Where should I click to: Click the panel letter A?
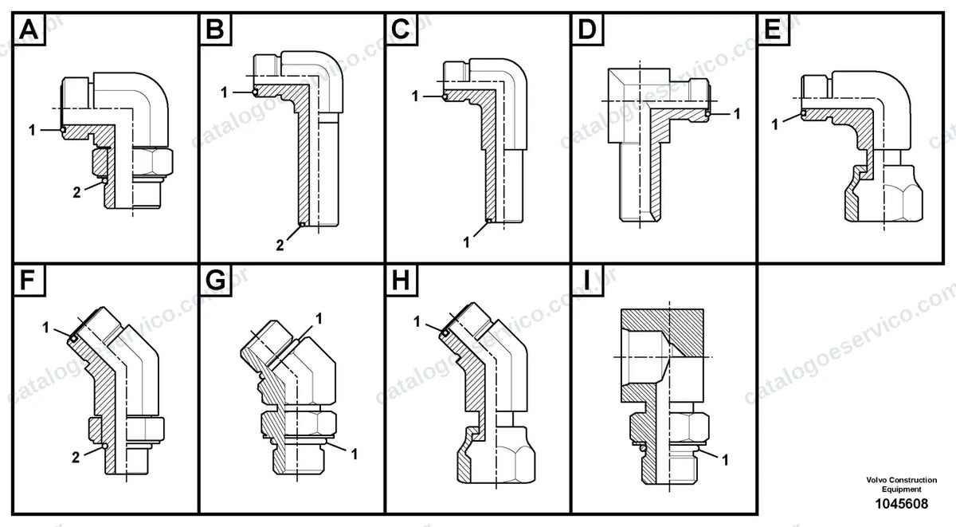click(29, 29)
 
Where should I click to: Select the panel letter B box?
click(216, 29)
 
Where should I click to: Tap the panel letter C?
click(401, 29)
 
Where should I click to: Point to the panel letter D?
click(587, 29)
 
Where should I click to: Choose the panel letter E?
click(773, 29)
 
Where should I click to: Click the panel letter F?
click(28, 280)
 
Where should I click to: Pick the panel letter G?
click(215, 280)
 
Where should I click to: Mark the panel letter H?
click(401, 280)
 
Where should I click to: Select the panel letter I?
click(587, 280)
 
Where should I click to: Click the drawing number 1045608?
click(901, 504)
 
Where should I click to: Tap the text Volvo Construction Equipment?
click(901, 485)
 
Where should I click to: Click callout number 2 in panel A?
click(76, 193)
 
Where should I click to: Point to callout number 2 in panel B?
click(280, 245)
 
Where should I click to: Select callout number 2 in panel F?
click(76, 458)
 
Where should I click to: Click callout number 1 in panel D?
click(737, 113)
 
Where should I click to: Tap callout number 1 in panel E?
click(775, 124)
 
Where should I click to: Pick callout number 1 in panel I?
click(725, 460)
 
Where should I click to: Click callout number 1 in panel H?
click(417, 321)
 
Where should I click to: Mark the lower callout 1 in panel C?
click(466, 242)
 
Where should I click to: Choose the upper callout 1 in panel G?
click(319, 319)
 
